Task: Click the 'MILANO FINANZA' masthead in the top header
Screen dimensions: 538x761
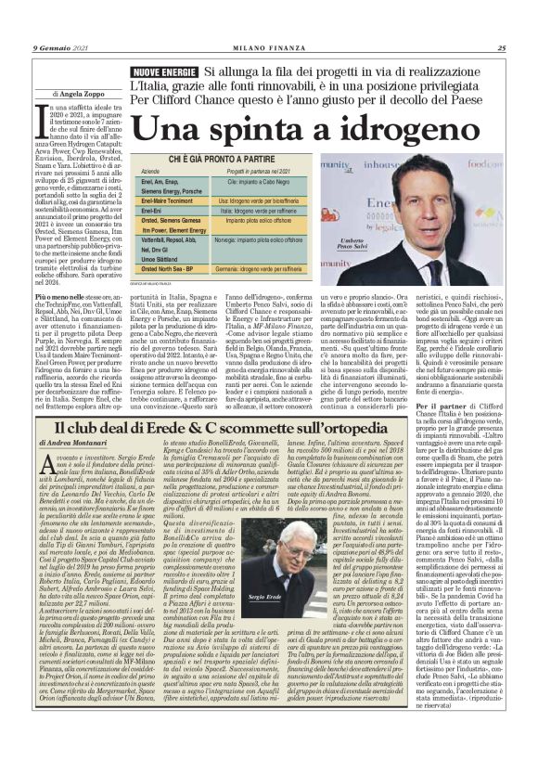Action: pyautogui.click(x=268, y=49)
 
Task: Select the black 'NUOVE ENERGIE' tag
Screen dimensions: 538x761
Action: pyautogui.click(x=165, y=72)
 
